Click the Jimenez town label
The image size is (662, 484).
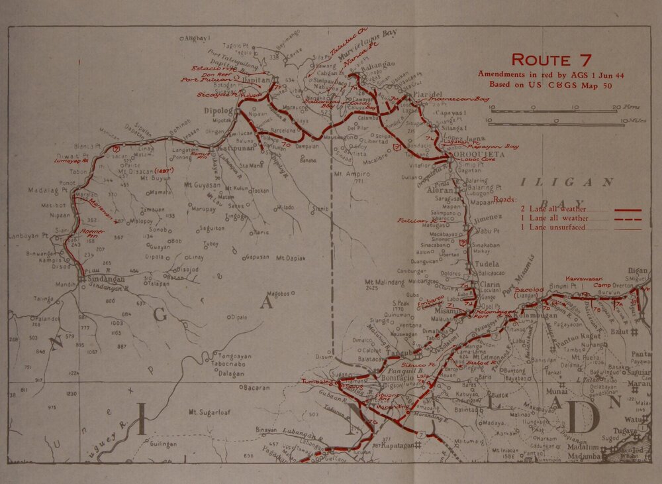(489, 217)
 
